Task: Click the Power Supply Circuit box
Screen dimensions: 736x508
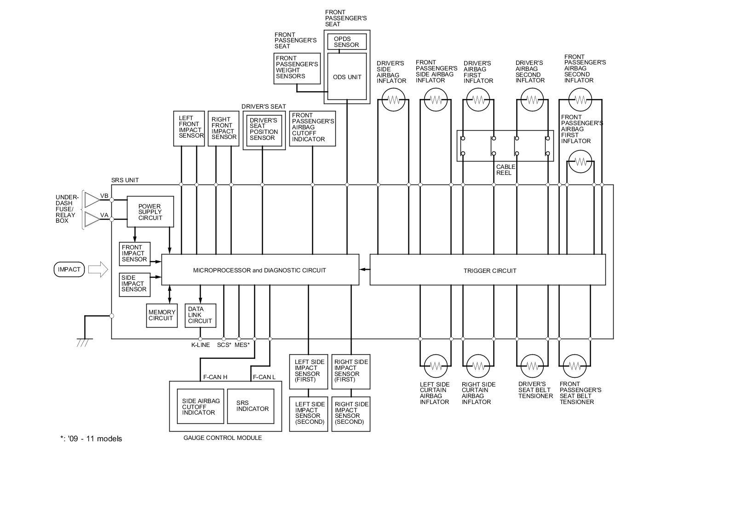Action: pos(150,212)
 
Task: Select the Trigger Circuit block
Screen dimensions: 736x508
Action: pos(488,270)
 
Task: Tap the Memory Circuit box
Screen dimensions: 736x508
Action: pos(161,316)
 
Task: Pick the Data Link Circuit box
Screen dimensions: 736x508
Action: pos(201,316)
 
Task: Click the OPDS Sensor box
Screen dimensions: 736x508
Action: pos(347,42)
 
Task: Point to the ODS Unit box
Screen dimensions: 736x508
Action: pos(347,76)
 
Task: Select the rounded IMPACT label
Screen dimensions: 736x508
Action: pos(69,270)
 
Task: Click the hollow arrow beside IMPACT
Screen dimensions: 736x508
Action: pos(98,270)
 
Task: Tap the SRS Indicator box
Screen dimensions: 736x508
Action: pos(251,406)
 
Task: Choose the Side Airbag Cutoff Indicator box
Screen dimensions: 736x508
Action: pos(201,406)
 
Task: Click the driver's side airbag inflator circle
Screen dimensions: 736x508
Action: pos(393,99)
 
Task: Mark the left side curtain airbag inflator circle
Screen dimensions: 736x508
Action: pos(436,366)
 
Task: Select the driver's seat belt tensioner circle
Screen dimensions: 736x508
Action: pos(532,366)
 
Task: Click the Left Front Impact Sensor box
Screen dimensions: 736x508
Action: pos(189,128)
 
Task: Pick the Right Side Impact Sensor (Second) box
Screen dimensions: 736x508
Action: pos(351,414)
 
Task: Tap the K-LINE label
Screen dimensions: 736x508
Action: pos(201,345)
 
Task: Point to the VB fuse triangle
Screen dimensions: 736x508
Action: pos(92,200)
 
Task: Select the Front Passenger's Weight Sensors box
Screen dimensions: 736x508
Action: pos(297,69)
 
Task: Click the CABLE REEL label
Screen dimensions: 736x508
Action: pos(506,170)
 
